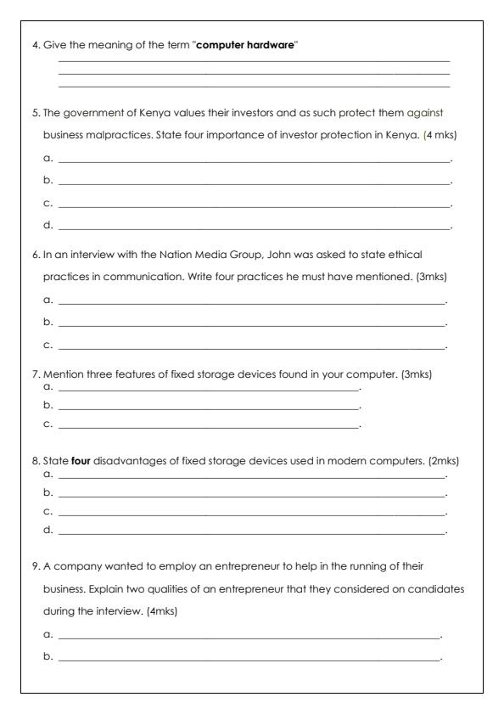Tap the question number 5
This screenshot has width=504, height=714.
(36, 112)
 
